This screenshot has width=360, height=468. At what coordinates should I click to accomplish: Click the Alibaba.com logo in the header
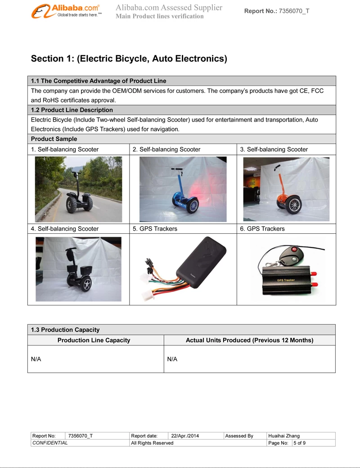point(66,11)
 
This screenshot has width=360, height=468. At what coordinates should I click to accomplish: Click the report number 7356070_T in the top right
point(294,11)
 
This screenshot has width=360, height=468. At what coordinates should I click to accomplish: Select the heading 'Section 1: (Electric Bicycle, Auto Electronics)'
point(129,59)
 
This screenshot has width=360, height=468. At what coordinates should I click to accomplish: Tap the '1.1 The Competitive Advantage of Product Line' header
point(99,81)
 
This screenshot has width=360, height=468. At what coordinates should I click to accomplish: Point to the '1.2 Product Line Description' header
point(72,110)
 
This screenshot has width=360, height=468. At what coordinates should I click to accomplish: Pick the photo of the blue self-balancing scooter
point(183,189)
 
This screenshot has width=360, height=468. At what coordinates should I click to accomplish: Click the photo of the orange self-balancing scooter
point(286,189)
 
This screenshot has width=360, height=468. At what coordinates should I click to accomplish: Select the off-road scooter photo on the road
point(78,189)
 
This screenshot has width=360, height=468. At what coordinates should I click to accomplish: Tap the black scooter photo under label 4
point(78,269)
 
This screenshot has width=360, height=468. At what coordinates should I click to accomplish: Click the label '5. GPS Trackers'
point(155,229)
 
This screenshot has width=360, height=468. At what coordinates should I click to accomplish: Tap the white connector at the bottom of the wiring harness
point(147,295)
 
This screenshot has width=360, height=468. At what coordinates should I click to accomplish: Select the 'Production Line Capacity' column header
point(94,340)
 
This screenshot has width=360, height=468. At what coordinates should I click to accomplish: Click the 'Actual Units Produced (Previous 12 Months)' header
point(249,340)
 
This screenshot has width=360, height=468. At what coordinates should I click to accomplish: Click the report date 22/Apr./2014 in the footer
point(185,436)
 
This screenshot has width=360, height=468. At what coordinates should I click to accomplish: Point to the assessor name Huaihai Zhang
point(284,436)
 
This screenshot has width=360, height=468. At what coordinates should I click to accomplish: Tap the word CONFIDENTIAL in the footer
point(50,443)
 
